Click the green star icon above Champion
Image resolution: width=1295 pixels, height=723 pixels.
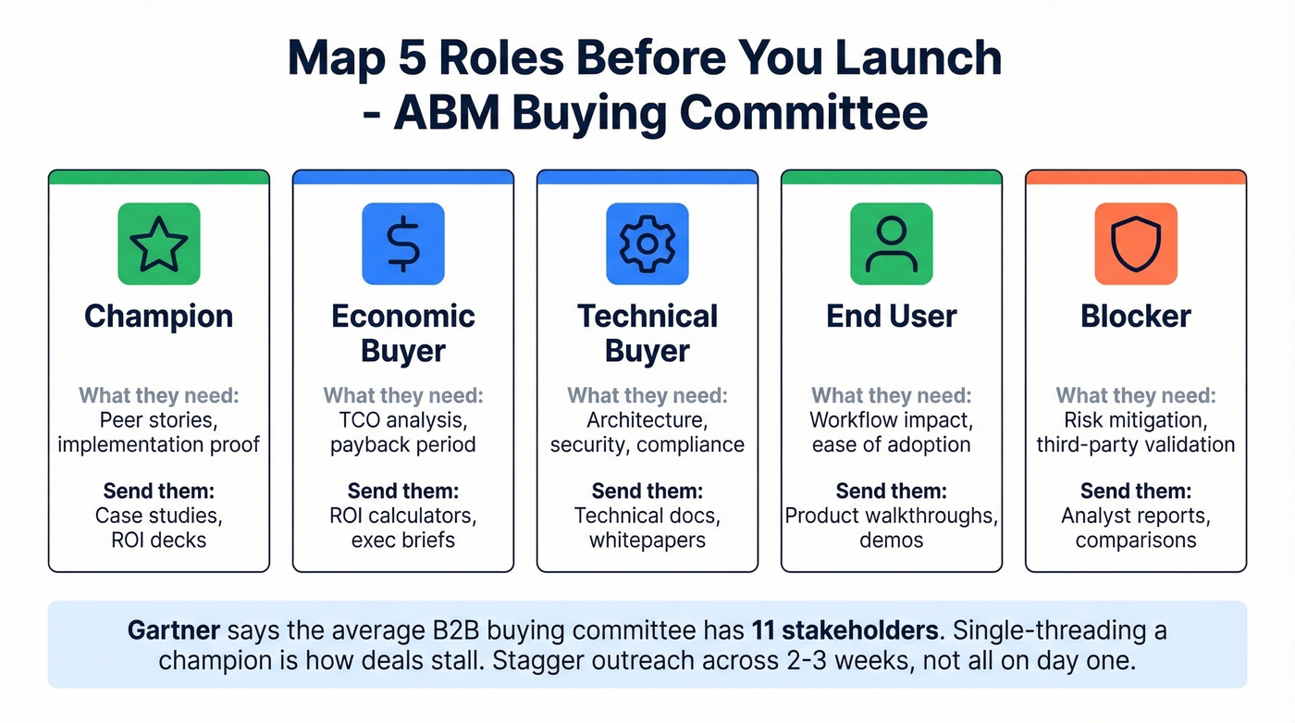pyautogui.click(x=159, y=243)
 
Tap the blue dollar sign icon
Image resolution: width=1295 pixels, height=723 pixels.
pyautogui.click(x=402, y=243)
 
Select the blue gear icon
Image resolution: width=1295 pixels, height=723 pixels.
pyautogui.click(x=647, y=243)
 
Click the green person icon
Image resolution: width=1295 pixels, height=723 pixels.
pyautogui.click(x=891, y=243)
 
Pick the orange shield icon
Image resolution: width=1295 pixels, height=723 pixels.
pyautogui.click(x=1135, y=243)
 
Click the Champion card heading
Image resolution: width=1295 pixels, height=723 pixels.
pyautogui.click(x=159, y=317)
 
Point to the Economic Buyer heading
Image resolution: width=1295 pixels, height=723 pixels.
pyautogui.click(x=402, y=333)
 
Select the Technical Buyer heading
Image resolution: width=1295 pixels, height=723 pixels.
pyautogui.click(x=647, y=333)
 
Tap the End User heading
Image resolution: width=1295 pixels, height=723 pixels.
pyautogui.click(x=891, y=317)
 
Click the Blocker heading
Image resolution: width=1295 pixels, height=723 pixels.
pyautogui.click(x=1135, y=317)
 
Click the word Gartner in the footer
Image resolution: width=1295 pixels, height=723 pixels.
pyautogui.click(x=174, y=631)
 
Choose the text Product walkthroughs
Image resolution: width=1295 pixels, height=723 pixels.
pyautogui.click(x=889, y=516)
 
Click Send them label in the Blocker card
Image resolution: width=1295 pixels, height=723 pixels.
pyautogui.click(x=1135, y=491)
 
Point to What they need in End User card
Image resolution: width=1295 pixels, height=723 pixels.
pyautogui.click(x=891, y=396)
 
